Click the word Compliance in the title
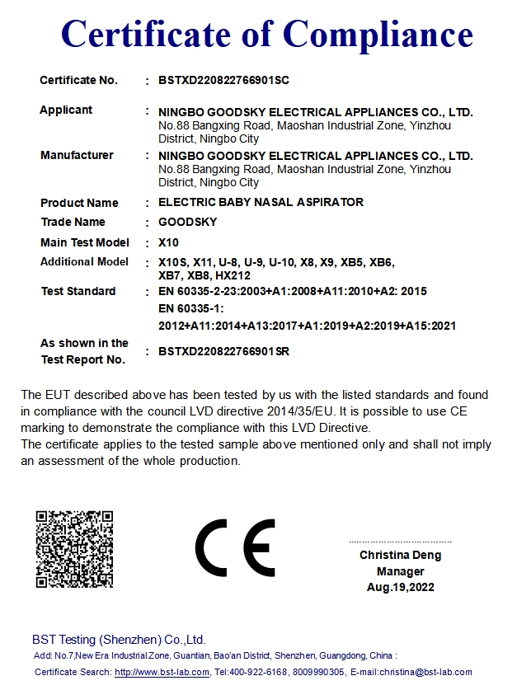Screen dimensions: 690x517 (378, 35)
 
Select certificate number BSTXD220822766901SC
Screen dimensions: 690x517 (223, 81)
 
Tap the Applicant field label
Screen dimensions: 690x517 (66, 110)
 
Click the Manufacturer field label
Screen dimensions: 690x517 (77, 156)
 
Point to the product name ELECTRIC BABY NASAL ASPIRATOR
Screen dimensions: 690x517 (261, 203)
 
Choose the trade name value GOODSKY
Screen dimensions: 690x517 (187, 223)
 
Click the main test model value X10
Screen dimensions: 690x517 (168, 243)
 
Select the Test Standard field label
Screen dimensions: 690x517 (78, 292)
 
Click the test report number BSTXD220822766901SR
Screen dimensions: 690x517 (223, 352)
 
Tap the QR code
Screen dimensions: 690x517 (74, 549)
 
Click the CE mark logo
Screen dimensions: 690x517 (235, 548)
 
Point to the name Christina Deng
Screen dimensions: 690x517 (400, 556)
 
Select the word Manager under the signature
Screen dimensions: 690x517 (401, 571)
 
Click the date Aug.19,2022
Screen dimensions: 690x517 (401, 588)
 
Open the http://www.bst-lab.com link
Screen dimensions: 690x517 (162, 673)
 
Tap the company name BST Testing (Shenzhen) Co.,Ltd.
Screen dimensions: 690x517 (119, 640)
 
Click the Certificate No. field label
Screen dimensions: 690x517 (79, 81)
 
